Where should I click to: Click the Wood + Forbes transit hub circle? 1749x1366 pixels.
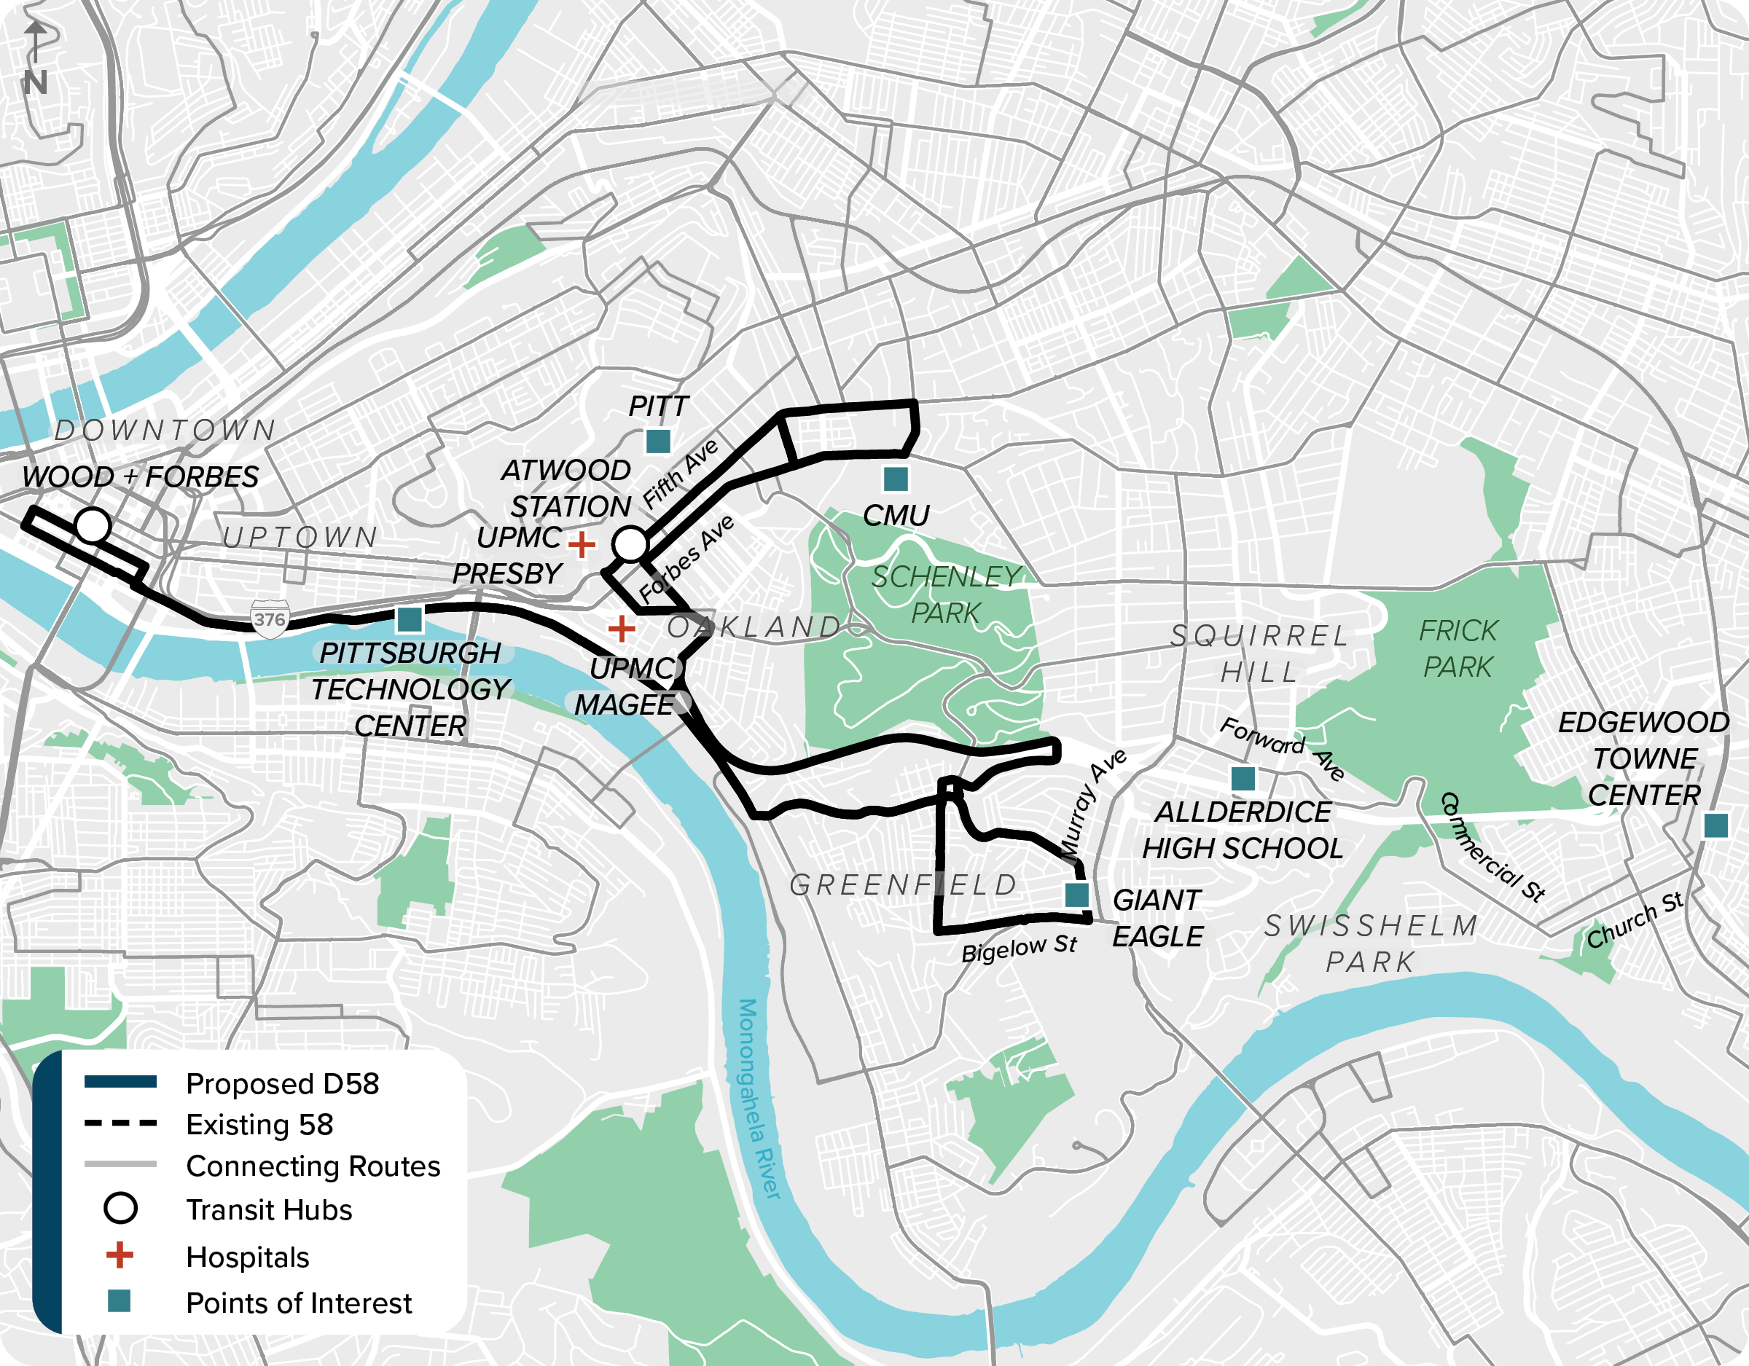tap(93, 526)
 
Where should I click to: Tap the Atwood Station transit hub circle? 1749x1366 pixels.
tap(630, 543)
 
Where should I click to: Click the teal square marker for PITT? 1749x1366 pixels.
tap(658, 441)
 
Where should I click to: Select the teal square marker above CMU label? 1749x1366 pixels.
tap(896, 479)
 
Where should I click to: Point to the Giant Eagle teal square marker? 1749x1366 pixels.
tap(1077, 895)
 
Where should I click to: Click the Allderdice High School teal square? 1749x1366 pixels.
tap(1243, 777)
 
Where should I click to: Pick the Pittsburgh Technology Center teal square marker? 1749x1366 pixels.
tap(410, 619)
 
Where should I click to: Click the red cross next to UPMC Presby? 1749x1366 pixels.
tap(582, 544)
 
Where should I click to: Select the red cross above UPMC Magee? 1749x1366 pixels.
tap(622, 629)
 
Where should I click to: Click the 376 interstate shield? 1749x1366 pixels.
tap(270, 619)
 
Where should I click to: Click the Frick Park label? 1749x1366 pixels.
tap(1457, 648)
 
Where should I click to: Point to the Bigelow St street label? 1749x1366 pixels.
tap(1020, 949)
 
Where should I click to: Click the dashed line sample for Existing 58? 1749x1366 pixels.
tap(120, 1123)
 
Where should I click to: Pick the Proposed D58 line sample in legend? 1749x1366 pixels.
tap(120, 1083)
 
